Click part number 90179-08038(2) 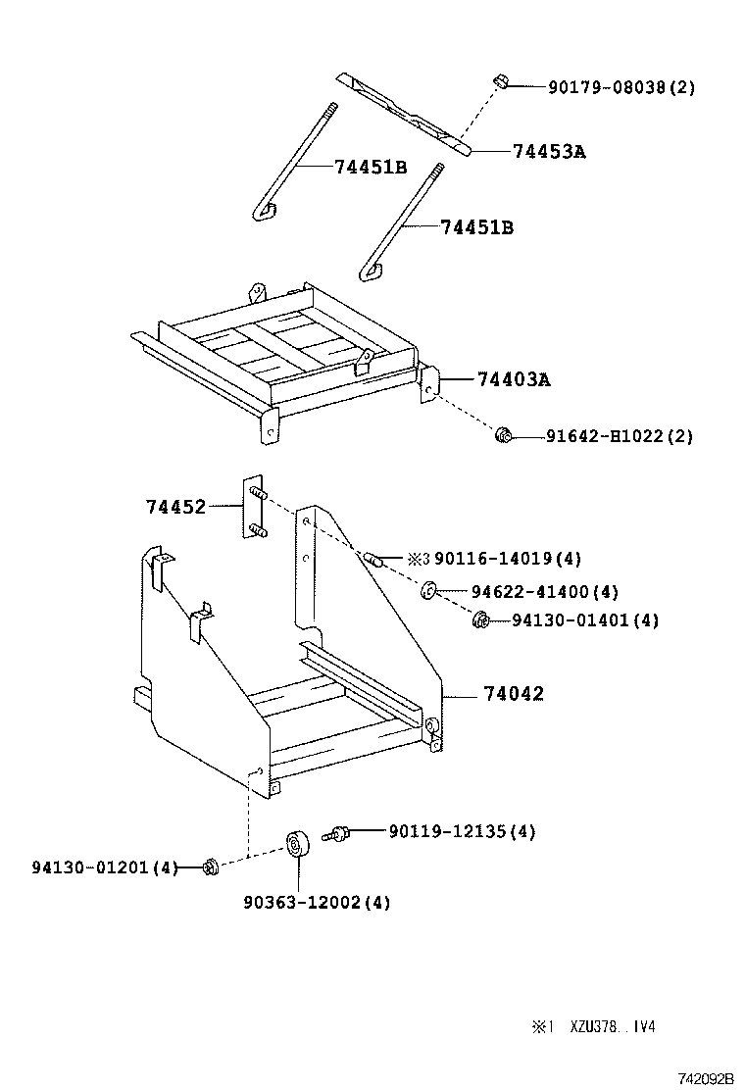[x=621, y=87]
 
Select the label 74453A [x=549, y=152]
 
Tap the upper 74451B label [x=370, y=167]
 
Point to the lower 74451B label [x=476, y=227]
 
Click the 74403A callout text [x=514, y=378]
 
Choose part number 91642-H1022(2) [x=619, y=436]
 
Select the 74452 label [x=175, y=507]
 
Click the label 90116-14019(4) [x=507, y=559]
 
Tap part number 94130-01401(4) [x=584, y=620]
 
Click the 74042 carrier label [x=513, y=694]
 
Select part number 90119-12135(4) [x=462, y=831]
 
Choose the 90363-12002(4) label [x=317, y=902]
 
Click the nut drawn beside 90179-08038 [x=500, y=81]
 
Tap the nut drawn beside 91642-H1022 [x=504, y=434]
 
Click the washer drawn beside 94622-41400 [x=429, y=591]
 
